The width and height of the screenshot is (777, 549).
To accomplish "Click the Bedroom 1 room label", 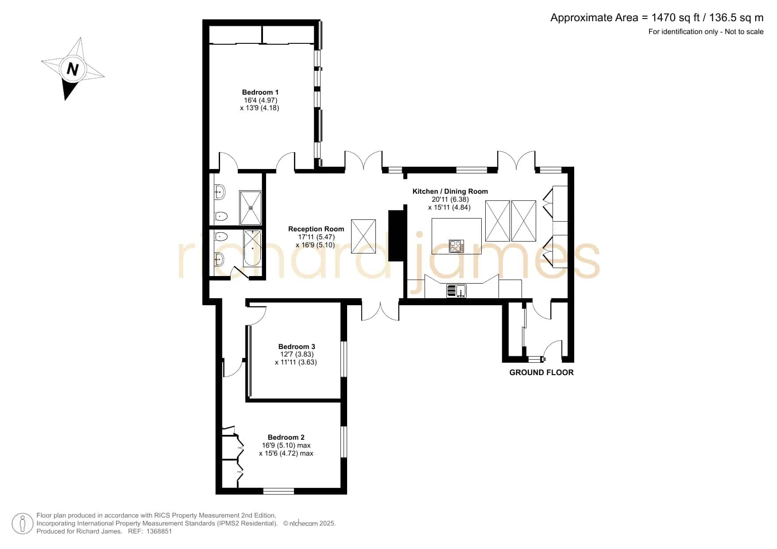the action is click(x=260, y=92).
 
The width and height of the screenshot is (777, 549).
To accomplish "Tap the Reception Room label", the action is click(x=316, y=229).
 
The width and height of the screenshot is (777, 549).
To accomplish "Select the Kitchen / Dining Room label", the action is click(x=450, y=192).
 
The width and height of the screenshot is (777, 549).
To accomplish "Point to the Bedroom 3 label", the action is click(x=297, y=347).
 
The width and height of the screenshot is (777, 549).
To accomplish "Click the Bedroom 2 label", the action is click(x=286, y=438).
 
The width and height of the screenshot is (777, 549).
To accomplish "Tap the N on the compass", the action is click(x=73, y=69).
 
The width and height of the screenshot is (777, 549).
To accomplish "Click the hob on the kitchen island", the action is click(x=456, y=246).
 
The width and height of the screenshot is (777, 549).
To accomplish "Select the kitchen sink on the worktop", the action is click(x=456, y=291).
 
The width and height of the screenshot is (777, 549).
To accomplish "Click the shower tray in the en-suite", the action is click(x=251, y=207).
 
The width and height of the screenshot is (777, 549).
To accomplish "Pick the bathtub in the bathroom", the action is click(x=253, y=248).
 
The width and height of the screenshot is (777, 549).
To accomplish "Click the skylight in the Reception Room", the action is click(x=363, y=237).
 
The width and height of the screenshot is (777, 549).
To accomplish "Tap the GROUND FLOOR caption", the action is click(x=541, y=372).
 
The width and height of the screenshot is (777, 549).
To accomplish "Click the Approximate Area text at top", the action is click(x=657, y=18).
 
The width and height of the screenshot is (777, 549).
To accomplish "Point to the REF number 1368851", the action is click(x=158, y=531).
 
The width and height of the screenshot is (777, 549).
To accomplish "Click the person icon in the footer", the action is click(x=22, y=524).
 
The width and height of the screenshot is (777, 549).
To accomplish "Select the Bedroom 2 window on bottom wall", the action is click(x=278, y=491).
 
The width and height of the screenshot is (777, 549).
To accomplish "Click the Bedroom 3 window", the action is click(x=344, y=359).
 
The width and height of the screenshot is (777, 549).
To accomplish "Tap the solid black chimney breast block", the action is click(x=397, y=235).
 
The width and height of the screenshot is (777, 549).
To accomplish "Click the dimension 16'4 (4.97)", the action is click(x=260, y=100).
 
